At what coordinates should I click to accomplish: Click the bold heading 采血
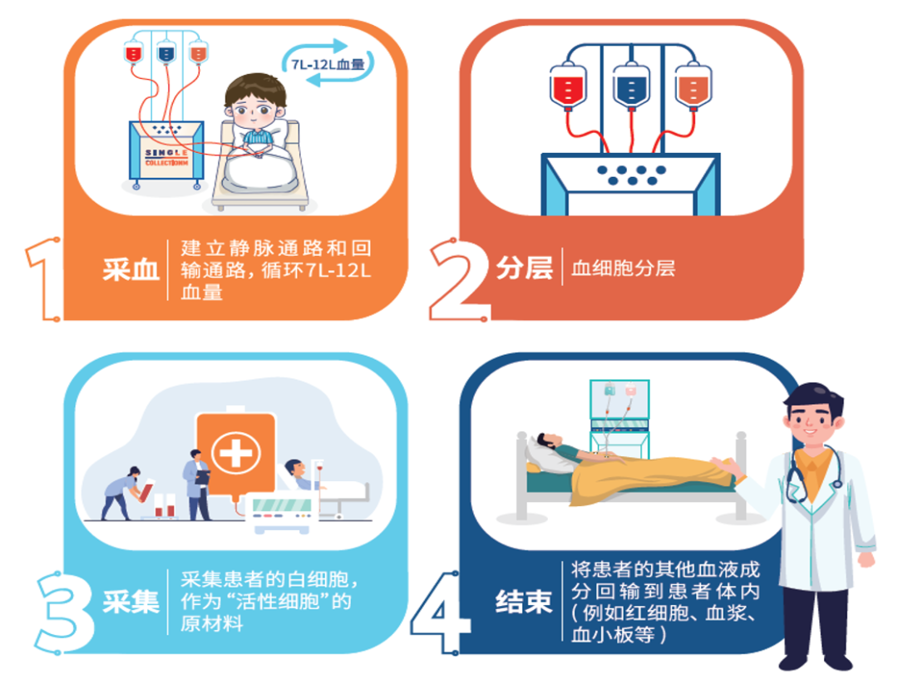[131, 270]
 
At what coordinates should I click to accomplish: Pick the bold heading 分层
[524, 268]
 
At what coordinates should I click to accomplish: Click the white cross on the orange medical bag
[235, 453]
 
